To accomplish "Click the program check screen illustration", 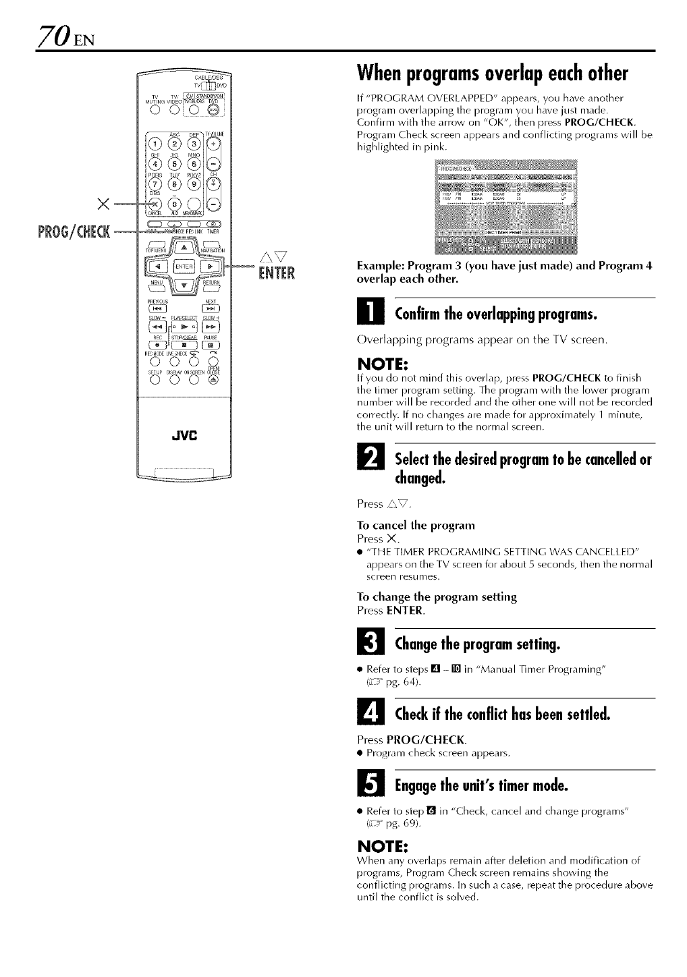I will pos(507,204).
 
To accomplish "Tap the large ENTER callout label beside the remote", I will pos(277,273).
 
